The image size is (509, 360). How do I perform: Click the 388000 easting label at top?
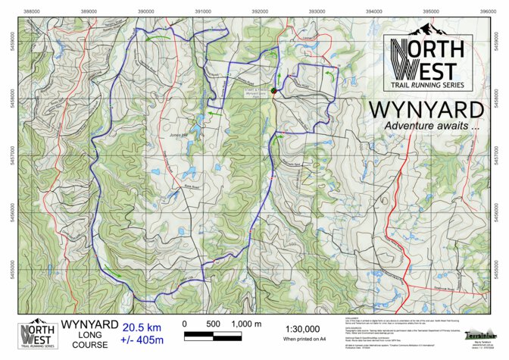pos(32,11)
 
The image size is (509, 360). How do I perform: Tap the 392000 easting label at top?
pos(260,11)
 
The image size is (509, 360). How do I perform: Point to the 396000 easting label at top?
pos(488,11)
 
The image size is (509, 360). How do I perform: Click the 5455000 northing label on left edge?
pos(10,268)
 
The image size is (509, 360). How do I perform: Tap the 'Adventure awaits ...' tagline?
pos(432,126)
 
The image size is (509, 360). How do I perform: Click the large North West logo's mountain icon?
pos(426,30)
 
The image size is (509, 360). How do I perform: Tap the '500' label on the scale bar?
pos(214,324)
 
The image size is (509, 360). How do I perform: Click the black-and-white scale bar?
pos(214,334)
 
